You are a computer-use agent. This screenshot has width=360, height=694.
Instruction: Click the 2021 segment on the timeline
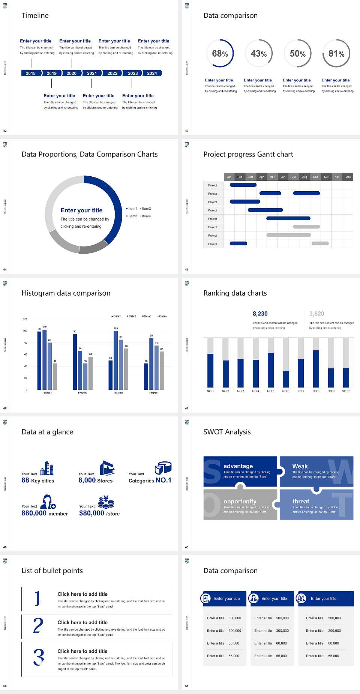92,73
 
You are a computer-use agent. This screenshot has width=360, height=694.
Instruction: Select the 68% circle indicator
220,53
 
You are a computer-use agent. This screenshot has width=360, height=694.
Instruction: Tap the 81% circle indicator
336,53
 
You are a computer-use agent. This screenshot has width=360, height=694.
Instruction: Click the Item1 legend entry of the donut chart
132,209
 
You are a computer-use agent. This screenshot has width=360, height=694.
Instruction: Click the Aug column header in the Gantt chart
304,177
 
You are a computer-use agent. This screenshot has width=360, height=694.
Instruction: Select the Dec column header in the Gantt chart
348,177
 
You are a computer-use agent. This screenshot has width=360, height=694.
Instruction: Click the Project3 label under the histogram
118,393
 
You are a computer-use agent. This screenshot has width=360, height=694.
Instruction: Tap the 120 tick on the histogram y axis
25,319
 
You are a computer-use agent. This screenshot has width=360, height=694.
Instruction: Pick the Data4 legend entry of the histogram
162,316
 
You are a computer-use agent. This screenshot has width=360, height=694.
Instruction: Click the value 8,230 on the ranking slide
260,314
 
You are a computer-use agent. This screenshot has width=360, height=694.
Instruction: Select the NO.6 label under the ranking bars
286,391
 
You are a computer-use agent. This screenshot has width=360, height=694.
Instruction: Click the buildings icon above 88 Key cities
47,468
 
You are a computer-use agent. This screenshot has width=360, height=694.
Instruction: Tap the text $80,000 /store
99,513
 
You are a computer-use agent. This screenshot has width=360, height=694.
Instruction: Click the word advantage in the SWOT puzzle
238,466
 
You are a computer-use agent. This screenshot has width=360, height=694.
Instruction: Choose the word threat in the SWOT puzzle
301,501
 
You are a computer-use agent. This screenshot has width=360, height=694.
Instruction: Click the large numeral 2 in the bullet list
38,626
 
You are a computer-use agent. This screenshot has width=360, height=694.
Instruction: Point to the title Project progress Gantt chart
248,154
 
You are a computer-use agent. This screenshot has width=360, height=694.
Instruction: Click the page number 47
187,408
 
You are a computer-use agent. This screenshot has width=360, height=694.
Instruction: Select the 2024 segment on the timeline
152,73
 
